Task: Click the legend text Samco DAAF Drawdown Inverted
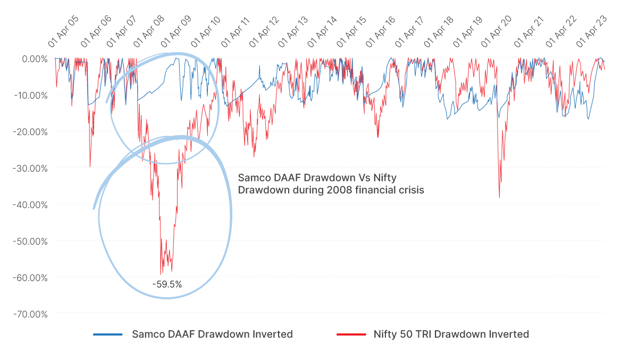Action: [212, 334]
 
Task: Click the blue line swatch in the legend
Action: [108, 334]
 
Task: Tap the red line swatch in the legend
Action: [351, 334]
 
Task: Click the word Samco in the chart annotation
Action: [252, 178]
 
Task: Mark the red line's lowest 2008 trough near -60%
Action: [161, 274]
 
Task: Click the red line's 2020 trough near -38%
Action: [499, 197]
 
